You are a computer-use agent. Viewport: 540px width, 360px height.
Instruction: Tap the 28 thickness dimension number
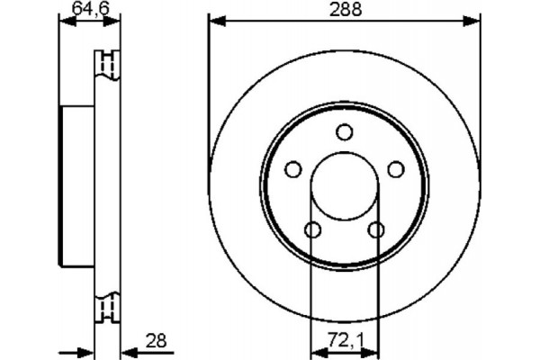(x=157, y=340)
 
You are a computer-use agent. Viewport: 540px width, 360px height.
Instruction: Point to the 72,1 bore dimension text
(x=345, y=340)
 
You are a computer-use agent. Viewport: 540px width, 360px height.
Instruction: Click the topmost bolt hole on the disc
(x=344, y=132)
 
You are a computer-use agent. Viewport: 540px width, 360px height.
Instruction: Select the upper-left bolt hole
(x=292, y=169)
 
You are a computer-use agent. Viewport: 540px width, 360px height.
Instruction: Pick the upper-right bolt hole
(x=395, y=169)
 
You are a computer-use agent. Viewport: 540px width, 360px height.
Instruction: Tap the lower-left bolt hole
(x=312, y=229)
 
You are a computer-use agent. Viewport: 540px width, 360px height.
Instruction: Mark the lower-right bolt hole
(x=376, y=229)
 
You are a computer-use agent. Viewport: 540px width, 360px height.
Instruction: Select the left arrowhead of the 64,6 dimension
(x=64, y=22)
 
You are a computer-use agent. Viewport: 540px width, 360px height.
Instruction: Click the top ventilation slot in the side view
(x=108, y=65)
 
